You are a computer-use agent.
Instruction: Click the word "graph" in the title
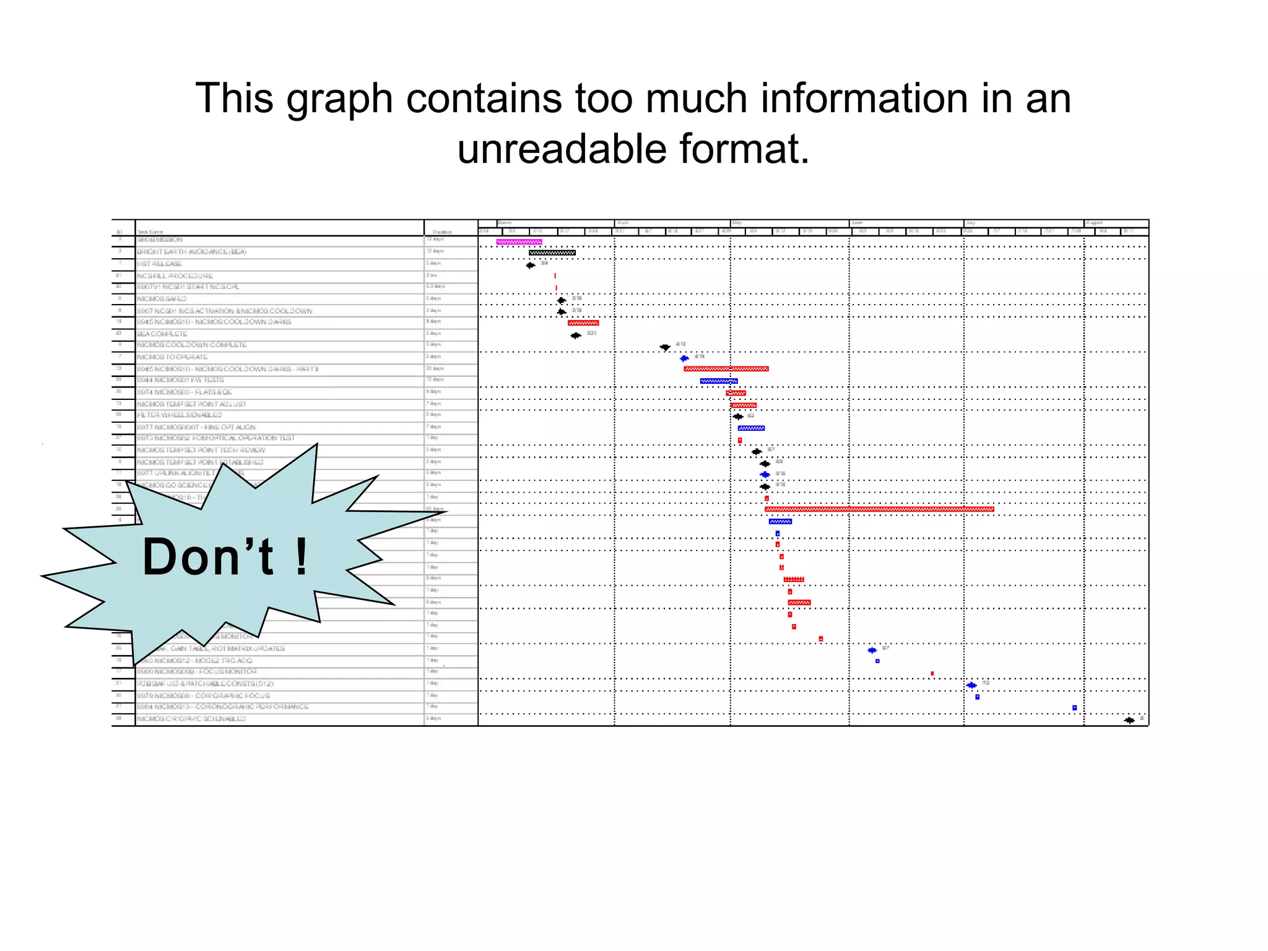pyautogui.click(x=339, y=99)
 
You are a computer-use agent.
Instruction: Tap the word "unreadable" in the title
pyautogui.click(x=562, y=150)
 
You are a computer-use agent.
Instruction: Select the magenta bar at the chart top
pyautogui.click(x=519, y=242)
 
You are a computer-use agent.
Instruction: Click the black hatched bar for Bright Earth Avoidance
pyautogui.click(x=552, y=253)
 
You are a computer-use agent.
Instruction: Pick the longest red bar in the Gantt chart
pyautogui.click(x=879, y=510)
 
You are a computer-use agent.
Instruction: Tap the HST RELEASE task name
pyautogui.click(x=160, y=264)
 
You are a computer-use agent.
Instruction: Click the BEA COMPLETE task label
pyautogui.click(x=162, y=334)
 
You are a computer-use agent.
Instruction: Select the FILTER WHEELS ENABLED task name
pyautogui.click(x=180, y=415)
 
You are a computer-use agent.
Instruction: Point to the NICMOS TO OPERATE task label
pyautogui.click(x=172, y=357)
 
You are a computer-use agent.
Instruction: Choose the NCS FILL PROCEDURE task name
pyautogui.click(x=175, y=276)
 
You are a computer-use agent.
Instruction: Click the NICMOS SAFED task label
pyautogui.click(x=162, y=299)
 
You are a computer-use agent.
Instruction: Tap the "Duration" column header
pyautogui.click(x=442, y=232)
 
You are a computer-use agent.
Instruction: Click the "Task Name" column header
pyautogui.click(x=150, y=232)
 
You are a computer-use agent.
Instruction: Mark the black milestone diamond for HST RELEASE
pyautogui.click(x=531, y=266)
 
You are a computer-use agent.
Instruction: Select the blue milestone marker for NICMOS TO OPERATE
pyautogui.click(x=684, y=358)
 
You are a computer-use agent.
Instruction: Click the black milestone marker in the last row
pyautogui.click(x=1129, y=720)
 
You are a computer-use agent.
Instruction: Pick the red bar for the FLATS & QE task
pyautogui.click(x=736, y=393)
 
